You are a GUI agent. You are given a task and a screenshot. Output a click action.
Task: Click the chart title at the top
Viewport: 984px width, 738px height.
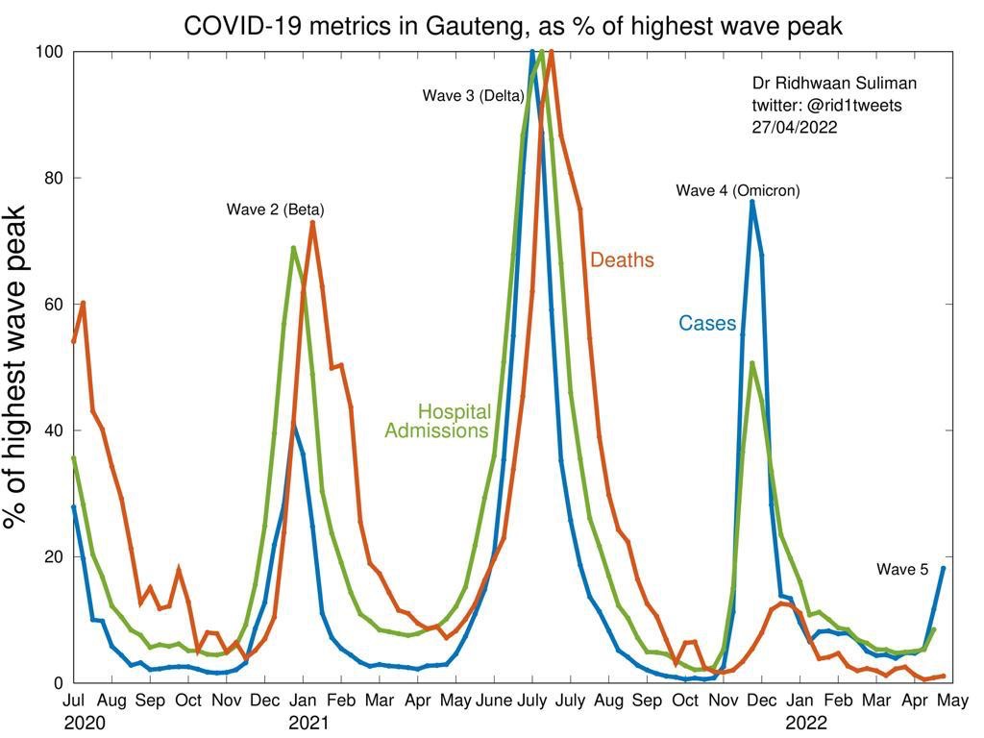click(x=513, y=26)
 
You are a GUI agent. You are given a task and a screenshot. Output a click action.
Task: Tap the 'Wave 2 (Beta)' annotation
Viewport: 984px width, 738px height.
click(x=275, y=209)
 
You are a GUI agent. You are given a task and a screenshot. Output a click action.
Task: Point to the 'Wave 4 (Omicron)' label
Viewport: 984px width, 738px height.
click(x=737, y=190)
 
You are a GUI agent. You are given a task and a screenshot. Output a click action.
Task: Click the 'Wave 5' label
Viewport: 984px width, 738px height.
click(x=902, y=570)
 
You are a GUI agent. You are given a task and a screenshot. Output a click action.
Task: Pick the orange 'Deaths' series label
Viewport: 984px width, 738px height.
click(x=622, y=260)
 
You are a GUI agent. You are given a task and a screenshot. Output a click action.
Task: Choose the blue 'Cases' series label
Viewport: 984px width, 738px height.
click(x=707, y=324)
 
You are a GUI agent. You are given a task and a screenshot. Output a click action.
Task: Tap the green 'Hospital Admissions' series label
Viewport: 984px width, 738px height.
click(x=438, y=421)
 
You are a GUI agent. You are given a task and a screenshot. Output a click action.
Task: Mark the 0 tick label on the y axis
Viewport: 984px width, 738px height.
click(x=58, y=683)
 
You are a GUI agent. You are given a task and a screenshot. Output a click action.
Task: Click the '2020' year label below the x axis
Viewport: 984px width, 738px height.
click(x=82, y=721)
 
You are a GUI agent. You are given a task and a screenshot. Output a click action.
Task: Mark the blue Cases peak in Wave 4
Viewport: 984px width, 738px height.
click(x=752, y=202)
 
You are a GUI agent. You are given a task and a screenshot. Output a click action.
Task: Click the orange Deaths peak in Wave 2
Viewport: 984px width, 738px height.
click(x=312, y=223)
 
